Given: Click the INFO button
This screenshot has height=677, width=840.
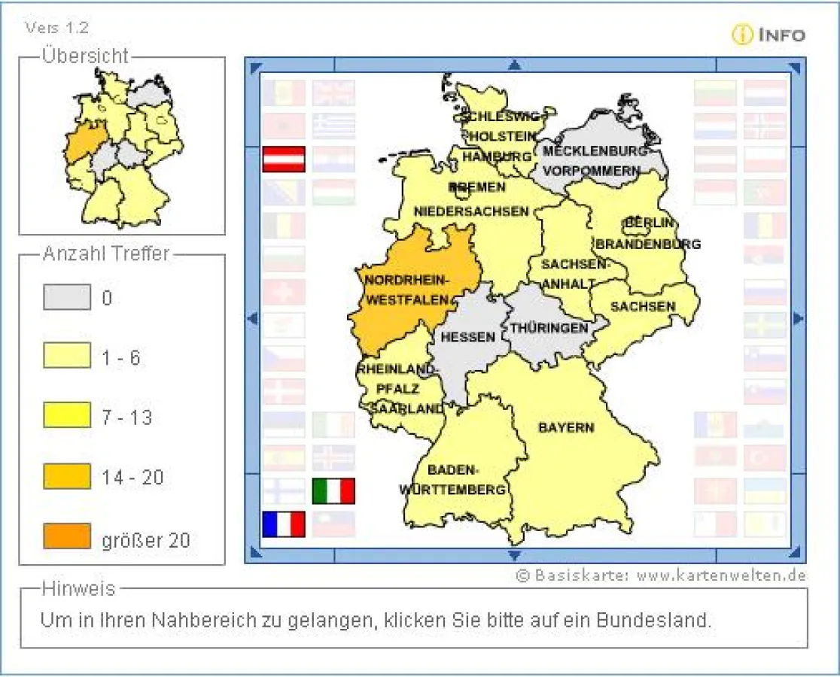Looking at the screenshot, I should pyautogui.click(x=768, y=35).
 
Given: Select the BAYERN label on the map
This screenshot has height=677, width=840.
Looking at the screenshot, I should pyautogui.click(x=566, y=428).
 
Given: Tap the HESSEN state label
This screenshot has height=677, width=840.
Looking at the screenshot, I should pyautogui.click(x=467, y=338).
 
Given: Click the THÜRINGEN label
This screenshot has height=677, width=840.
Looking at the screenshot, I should pyautogui.click(x=549, y=329).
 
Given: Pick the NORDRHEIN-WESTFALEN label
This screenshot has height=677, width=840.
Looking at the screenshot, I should pyautogui.click(x=406, y=290).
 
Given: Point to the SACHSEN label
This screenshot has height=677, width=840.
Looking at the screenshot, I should pyautogui.click(x=643, y=306).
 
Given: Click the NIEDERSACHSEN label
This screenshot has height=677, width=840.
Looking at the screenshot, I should pyautogui.click(x=471, y=211).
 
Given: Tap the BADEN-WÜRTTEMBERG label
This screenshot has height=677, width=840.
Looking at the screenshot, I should pyautogui.click(x=452, y=480).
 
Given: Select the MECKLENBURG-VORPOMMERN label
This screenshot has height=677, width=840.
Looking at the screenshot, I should pyautogui.click(x=595, y=161).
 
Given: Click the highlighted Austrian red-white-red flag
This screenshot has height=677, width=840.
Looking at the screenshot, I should pyautogui.click(x=284, y=159).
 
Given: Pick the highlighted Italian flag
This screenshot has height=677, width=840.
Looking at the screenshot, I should pyautogui.click(x=333, y=491).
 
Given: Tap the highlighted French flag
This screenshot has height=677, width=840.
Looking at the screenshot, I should pyautogui.click(x=284, y=524).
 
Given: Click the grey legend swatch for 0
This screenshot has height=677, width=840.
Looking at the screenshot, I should pyautogui.click(x=67, y=298).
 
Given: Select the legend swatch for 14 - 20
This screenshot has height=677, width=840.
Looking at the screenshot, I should pyautogui.click(x=67, y=477).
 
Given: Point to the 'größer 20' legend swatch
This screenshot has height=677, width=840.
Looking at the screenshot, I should pyautogui.click(x=67, y=536).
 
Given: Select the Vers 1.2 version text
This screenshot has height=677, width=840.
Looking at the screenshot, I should pyautogui.click(x=57, y=28).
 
